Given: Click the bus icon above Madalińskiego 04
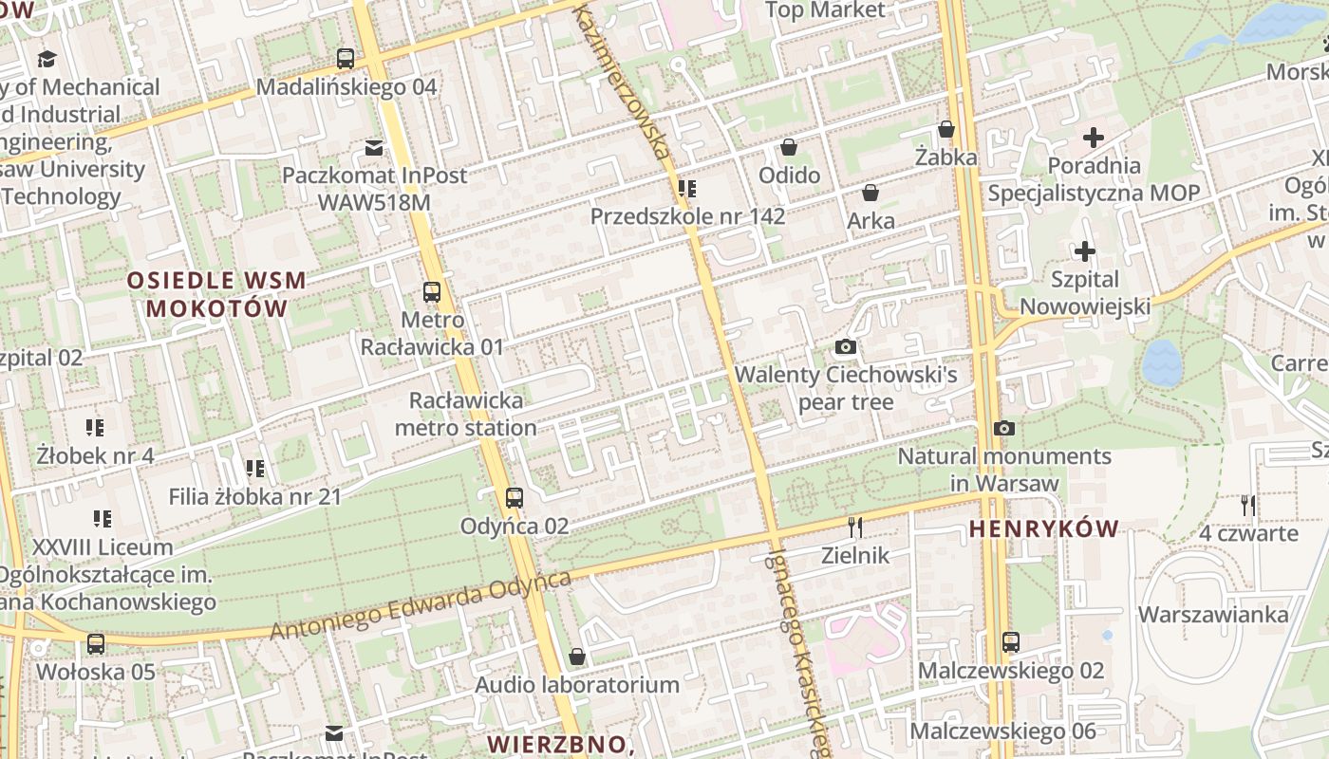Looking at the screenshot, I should click(346, 59).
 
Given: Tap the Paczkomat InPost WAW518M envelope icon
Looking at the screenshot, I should click(374, 148).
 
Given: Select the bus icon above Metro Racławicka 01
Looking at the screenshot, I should click(432, 292).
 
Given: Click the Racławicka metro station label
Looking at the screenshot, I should click(465, 415).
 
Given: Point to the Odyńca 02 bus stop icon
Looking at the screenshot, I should click(515, 497).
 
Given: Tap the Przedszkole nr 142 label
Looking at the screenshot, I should click(687, 216).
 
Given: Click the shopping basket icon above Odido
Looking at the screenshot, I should click(789, 147).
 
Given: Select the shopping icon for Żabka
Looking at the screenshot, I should click(946, 129).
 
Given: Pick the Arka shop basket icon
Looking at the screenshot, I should click(870, 193).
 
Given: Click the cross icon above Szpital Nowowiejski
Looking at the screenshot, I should click(1084, 251).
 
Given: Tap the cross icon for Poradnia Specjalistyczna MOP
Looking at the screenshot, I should click(1094, 138).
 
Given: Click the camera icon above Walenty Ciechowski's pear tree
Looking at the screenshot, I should click(846, 347).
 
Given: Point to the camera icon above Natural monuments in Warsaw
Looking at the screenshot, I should click(1004, 429).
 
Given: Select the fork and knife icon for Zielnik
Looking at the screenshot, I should click(855, 528).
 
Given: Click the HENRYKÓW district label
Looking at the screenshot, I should click(1044, 529).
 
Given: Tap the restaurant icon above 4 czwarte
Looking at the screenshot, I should click(1248, 506).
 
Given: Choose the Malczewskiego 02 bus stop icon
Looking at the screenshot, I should click(1011, 642).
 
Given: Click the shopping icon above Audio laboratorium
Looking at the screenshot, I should click(576, 657).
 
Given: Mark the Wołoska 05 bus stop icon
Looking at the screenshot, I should click(96, 644).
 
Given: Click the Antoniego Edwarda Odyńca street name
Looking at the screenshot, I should click(421, 605).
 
